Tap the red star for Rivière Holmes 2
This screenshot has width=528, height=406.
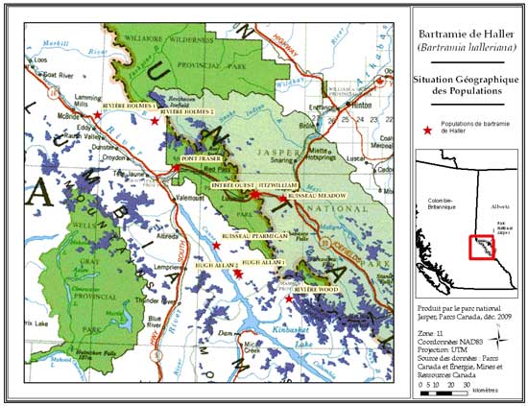[x=155, y=121]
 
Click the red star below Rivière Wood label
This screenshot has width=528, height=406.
[x=290, y=299]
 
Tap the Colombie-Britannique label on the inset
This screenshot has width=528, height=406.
[x=434, y=201]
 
